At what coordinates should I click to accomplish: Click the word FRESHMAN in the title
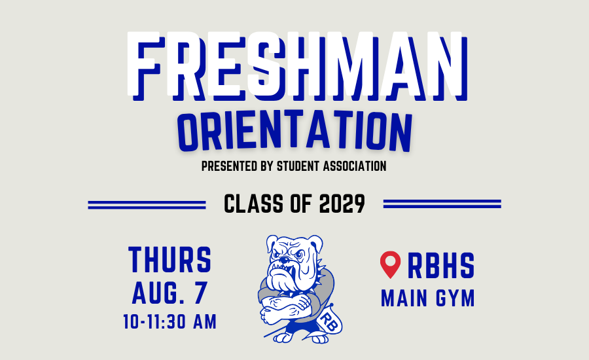coord(297,66)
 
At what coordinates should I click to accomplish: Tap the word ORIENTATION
coord(295,131)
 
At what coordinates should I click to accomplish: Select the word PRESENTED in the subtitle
coord(230,166)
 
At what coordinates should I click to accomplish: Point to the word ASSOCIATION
coord(355,166)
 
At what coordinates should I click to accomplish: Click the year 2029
coord(342,204)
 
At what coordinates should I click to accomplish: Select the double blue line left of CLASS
coord(147,204)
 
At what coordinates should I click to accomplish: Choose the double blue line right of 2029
coord(442,204)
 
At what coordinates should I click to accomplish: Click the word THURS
coord(170,260)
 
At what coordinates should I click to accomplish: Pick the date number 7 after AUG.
coord(201,293)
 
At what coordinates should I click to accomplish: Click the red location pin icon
coord(390,264)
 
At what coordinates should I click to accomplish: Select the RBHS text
coord(441,266)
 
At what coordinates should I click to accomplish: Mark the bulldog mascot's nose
coord(285,260)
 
